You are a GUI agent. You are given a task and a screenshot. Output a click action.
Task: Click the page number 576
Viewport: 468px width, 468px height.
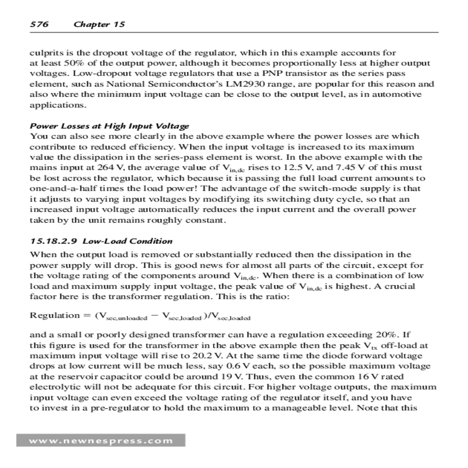point(39,24)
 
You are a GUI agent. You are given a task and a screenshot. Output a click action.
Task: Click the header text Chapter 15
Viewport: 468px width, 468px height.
point(99,24)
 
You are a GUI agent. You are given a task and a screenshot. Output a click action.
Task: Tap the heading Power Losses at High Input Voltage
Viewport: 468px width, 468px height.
point(109,126)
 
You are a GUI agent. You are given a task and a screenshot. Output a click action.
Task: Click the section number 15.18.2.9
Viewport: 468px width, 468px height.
point(53,241)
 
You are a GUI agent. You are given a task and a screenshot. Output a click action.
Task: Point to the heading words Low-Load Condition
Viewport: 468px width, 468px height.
point(128,241)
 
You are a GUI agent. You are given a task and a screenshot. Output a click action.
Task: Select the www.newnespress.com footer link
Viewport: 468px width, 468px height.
point(101,441)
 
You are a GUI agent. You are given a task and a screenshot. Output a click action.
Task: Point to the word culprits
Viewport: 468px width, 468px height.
point(45,53)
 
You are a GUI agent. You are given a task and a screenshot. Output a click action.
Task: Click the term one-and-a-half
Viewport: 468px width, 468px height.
point(58,189)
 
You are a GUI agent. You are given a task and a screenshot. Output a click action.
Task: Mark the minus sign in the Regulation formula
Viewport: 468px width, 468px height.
point(154,315)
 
